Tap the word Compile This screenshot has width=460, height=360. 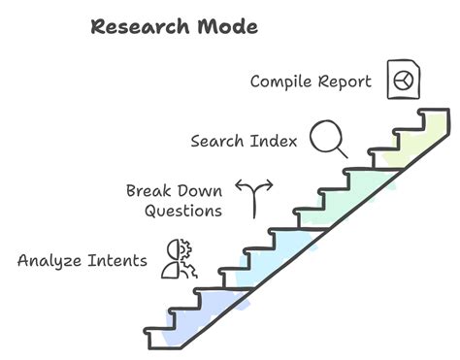[x=282, y=82]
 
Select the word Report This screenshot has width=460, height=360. [x=345, y=82]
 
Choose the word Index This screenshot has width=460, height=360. [x=275, y=141]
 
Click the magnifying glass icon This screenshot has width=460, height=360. [x=329, y=138]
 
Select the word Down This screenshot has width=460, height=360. [x=201, y=190]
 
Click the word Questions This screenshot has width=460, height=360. [x=183, y=210]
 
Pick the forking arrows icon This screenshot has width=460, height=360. [x=254, y=197]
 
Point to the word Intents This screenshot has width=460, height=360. [x=117, y=260]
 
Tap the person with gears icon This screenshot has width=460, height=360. [x=181, y=259]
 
